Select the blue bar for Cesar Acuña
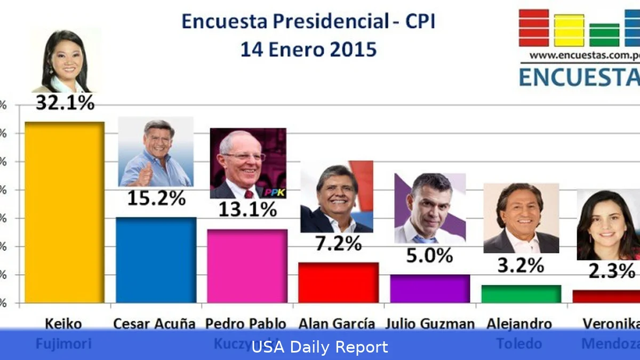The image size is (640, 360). coord(156,260)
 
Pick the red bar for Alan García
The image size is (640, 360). coord(338,282)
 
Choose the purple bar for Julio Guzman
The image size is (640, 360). coord(430,289)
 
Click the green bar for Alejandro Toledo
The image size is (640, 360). coord(521,294)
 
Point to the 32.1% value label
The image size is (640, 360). coord(65,103)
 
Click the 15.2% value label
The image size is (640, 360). coord(156,199)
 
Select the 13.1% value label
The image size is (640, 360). coord(247,210)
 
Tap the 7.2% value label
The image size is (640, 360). coord(338,244)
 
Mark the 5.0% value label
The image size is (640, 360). coord(429,255)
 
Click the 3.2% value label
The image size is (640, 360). coord(521,265)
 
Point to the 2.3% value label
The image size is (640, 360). coord(611,271)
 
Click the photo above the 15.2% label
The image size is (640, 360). coord(155,151)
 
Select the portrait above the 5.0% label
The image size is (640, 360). coord(430,208)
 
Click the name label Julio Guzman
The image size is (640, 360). coord(429,324)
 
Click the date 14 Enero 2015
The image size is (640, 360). coord(308,50)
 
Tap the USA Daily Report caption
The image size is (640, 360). coord(319,348)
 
